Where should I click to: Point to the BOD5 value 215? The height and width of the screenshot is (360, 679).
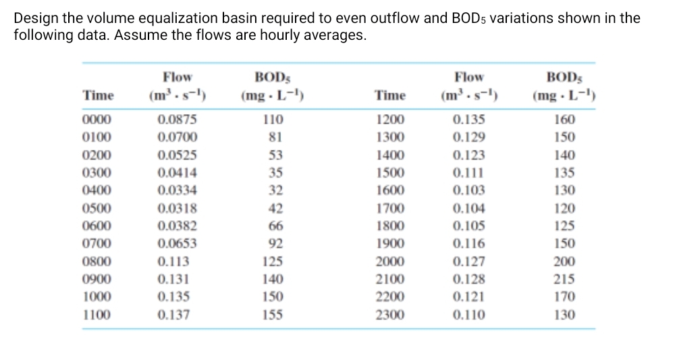(564, 278)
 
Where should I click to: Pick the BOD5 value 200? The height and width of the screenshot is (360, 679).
(564, 261)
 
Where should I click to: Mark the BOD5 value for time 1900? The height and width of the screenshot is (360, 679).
(564, 243)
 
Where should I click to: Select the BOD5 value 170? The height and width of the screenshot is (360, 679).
(564, 296)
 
